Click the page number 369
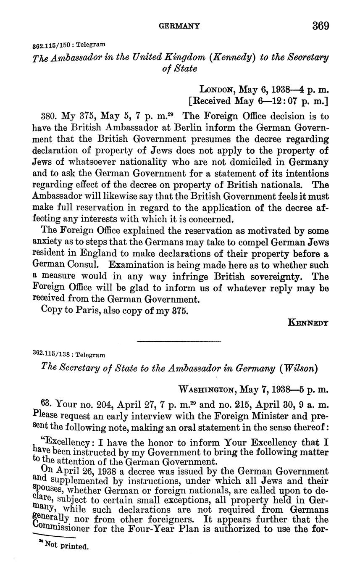tap(321, 26)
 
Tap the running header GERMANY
tap(179, 26)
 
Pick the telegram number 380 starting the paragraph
tap(49, 116)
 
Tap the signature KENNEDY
tap(308, 323)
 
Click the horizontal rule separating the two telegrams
tap(179, 341)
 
